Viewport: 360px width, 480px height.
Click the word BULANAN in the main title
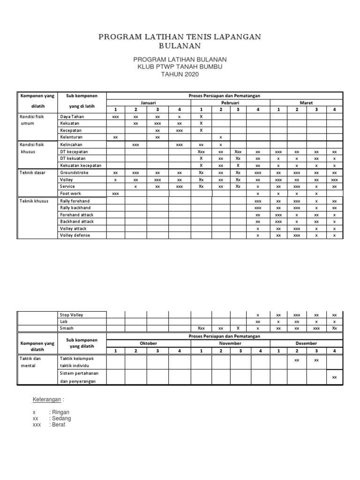(x=180, y=45)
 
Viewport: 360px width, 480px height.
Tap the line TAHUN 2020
(x=180, y=75)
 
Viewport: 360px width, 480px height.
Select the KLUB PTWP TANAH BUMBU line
(x=180, y=67)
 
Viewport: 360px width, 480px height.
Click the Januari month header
(x=148, y=103)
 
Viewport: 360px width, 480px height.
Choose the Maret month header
(x=306, y=103)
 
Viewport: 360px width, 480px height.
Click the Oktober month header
(x=148, y=343)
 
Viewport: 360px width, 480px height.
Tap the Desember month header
(x=306, y=343)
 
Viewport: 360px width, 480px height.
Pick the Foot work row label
(x=70, y=194)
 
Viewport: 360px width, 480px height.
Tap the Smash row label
(x=67, y=329)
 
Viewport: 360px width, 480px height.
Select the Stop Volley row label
(x=71, y=315)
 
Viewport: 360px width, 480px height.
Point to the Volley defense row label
(x=75, y=235)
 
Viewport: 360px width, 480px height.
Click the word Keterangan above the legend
(x=47, y=399)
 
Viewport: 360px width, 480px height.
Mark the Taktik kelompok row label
(x=77, y=358)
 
